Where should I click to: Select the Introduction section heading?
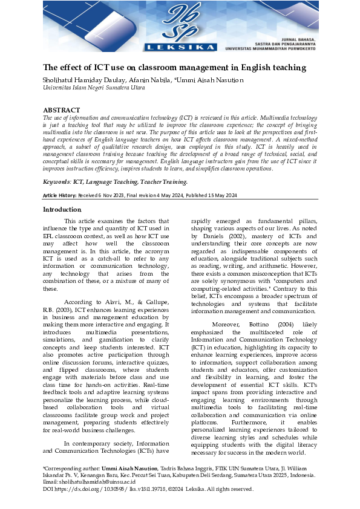pos(62,209)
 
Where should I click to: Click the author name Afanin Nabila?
pos(148,80)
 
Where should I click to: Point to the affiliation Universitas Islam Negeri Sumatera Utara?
pos(94,88)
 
